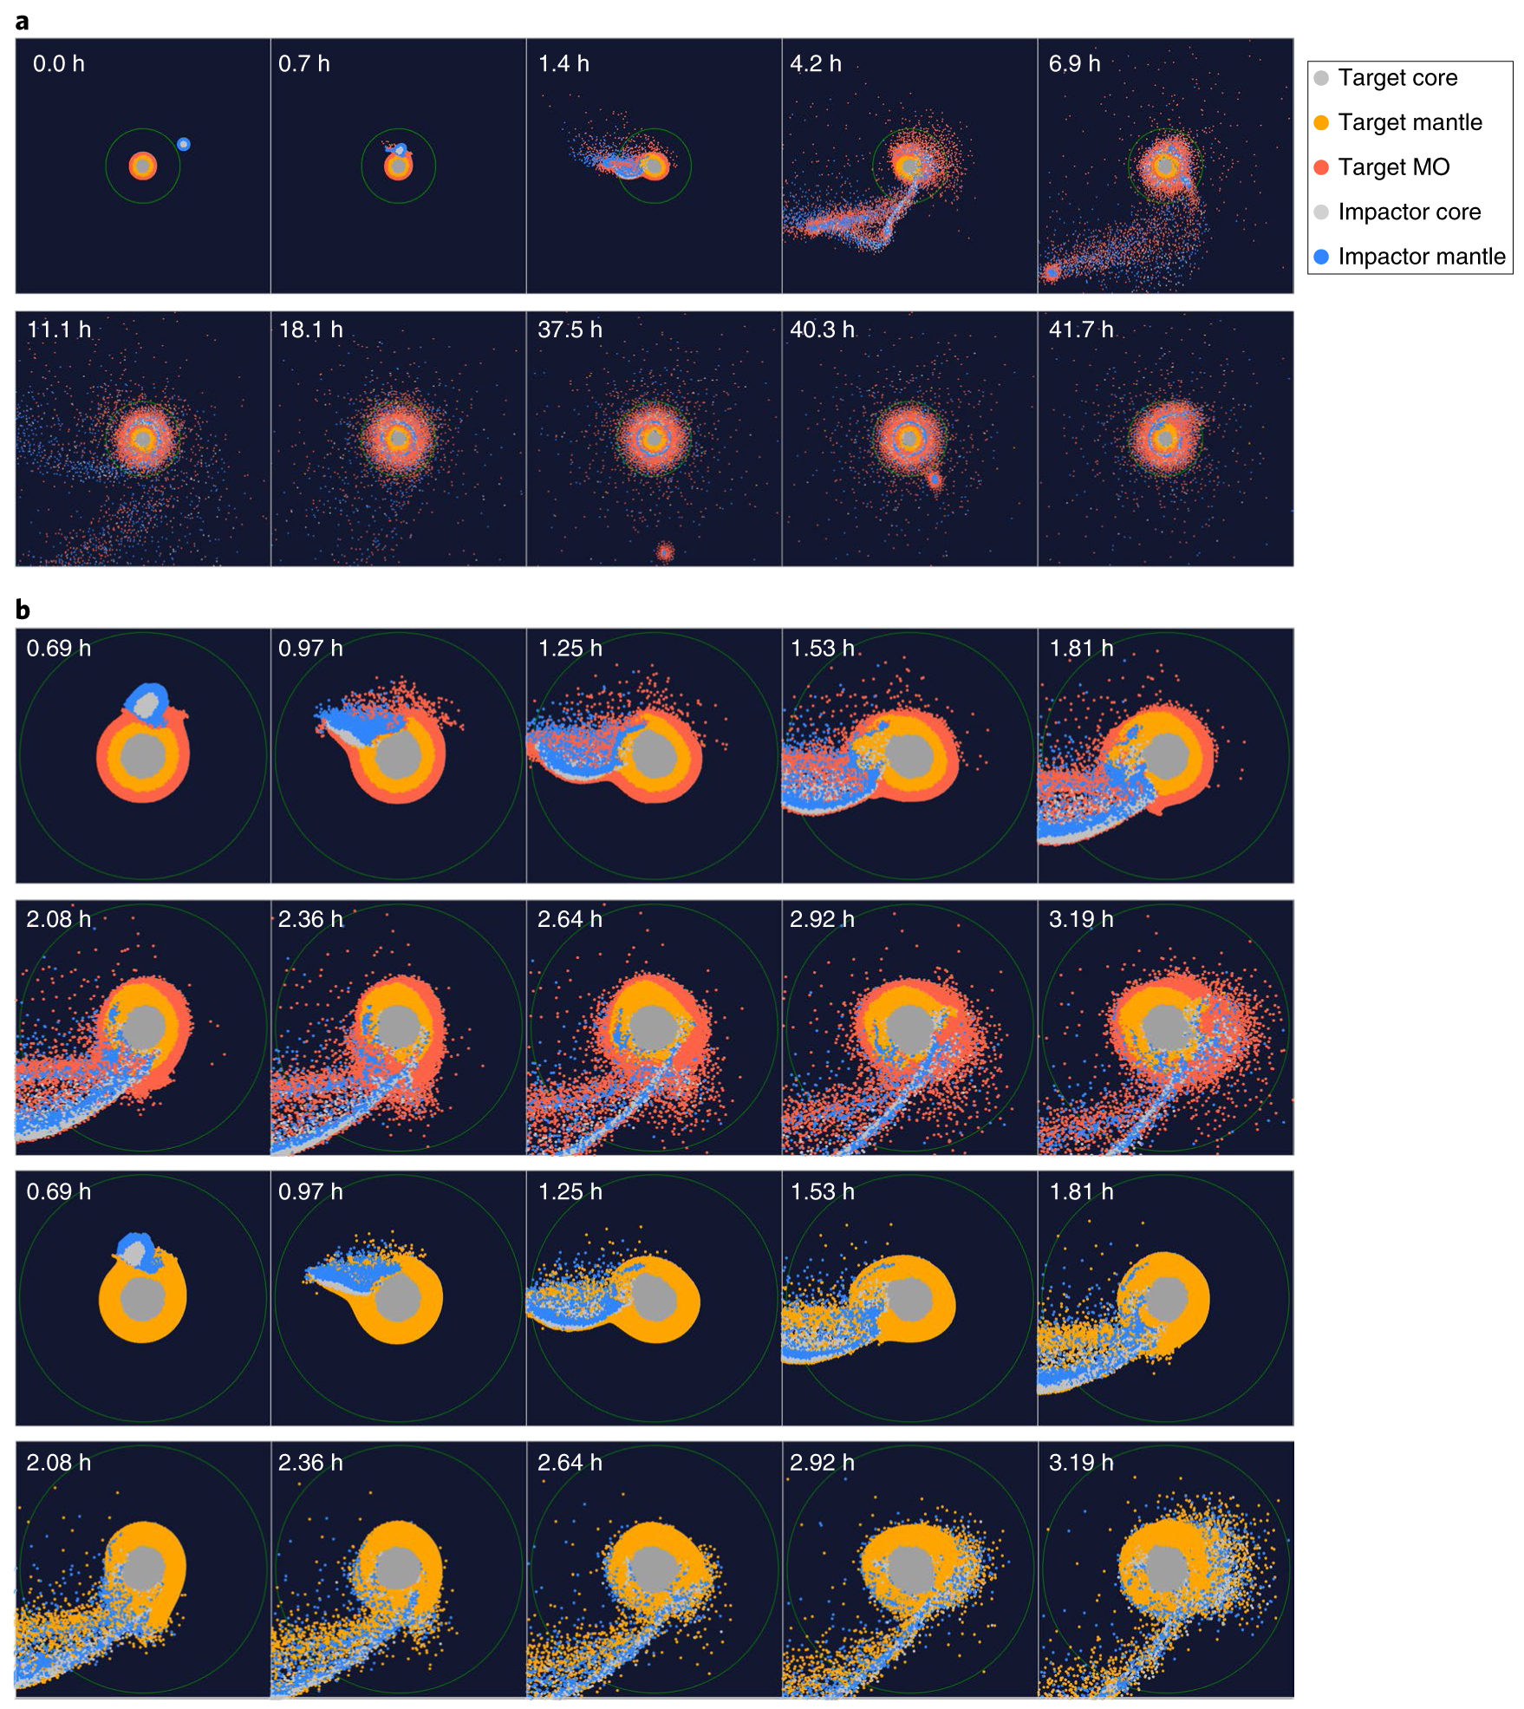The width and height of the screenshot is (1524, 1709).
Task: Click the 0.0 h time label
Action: click(58, 64)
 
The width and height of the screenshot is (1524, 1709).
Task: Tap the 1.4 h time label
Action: click(563, 64)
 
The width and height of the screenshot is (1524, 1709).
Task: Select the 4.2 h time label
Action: click(815, 64)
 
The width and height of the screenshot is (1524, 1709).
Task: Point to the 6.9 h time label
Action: click(1074, 64)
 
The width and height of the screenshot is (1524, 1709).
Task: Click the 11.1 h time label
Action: click(59, 330)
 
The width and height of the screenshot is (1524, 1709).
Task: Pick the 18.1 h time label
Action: click(310, 330)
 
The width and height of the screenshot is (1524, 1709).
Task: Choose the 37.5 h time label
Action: click(570, 330)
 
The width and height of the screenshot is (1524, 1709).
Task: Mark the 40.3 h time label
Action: click(822, 330)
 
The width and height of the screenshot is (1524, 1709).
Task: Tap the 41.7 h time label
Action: click(1081, 330)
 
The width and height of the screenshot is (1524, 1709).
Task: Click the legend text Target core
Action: click(1397, 78)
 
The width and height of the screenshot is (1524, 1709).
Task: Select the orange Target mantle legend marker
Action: click(1321, 123)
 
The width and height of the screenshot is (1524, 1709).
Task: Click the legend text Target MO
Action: click(1393, 167)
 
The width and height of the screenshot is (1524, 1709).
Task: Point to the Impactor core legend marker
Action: click(1321, 212)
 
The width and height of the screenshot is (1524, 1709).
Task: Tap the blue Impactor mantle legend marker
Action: click(1321, 257)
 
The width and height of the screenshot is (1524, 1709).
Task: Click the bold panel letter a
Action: click(23, 22)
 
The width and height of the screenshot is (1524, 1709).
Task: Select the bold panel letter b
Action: click(23, 610)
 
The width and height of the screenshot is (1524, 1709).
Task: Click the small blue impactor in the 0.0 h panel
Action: click(183, 144)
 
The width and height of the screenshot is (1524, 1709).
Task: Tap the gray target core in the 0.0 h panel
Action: click(142, 166)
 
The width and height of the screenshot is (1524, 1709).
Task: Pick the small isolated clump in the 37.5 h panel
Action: click(665, 551)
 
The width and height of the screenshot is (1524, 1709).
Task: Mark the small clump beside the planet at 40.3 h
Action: click(935, 479)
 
